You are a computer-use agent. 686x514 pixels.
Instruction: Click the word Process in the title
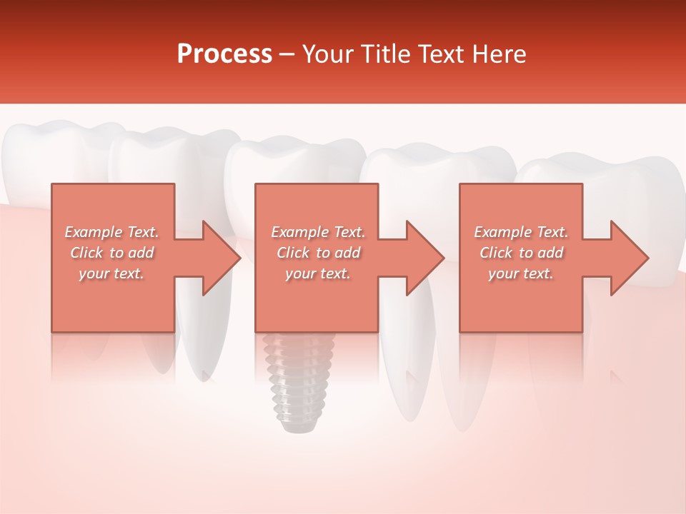224,54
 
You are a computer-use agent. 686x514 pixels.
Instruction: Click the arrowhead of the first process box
222,258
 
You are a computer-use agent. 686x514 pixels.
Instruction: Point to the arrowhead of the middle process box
425,258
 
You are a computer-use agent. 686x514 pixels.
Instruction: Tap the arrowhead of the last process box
630,258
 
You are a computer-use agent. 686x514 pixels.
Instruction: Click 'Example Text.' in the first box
111,232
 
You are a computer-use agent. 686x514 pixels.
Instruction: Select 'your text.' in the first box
111,273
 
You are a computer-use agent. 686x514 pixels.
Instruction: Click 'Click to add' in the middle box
318,253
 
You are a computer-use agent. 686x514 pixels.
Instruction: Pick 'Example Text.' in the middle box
318,232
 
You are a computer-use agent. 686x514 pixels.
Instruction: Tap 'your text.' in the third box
520,273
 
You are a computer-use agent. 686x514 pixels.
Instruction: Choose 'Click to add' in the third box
521,253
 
